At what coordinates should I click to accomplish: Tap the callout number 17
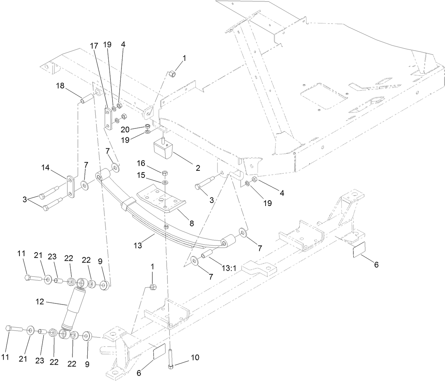[x=93, y=46]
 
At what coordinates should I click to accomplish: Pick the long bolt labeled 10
[x=170, y=359]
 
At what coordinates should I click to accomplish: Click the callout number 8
[x=191, y=223]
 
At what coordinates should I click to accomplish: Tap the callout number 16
[x=142, y=163]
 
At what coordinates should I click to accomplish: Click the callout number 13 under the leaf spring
[x=138, y=245]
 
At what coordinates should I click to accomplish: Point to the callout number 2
[x=197, y=168]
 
